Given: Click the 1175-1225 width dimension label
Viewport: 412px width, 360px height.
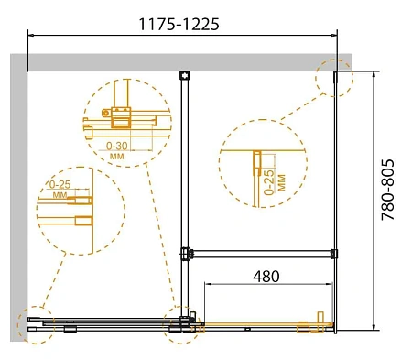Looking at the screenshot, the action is tap(179, 24).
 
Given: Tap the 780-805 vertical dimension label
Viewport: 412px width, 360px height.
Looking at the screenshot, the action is tap(387, 190).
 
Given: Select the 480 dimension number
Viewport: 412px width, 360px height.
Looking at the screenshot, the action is tap(266, 277).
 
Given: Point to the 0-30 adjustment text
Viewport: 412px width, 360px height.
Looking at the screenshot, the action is tap(117, 146).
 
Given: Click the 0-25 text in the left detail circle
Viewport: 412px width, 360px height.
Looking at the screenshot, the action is tap(60, 184).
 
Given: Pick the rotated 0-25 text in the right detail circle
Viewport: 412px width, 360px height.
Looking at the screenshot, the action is tap(269, 182).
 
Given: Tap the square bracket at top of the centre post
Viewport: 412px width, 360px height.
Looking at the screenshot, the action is tap(185, 75).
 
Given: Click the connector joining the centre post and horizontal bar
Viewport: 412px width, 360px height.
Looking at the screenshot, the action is tap(186, 254).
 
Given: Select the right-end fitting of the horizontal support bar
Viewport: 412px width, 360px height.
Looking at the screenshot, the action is tap(334, 254).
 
